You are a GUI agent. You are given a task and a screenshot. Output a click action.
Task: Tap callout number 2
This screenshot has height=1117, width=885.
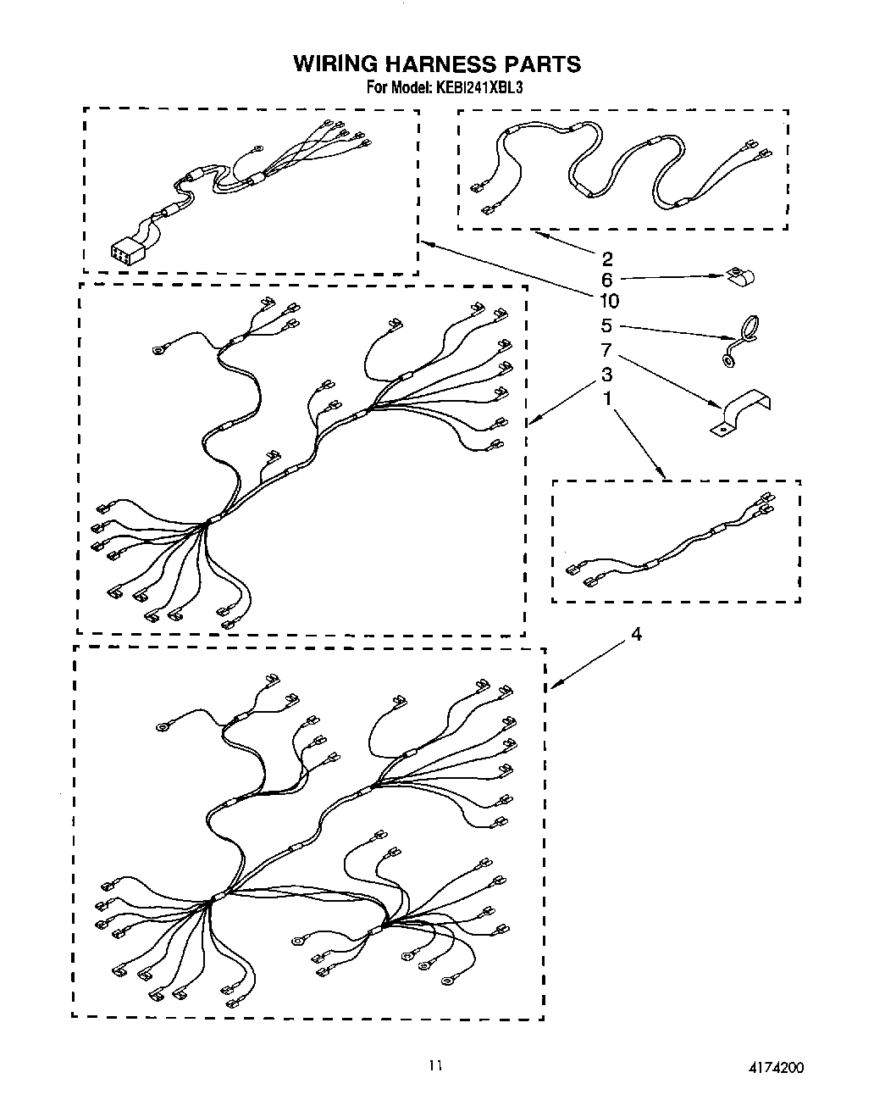[x=606, y=258]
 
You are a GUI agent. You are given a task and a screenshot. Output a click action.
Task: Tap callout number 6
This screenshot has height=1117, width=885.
[x=606, y=279]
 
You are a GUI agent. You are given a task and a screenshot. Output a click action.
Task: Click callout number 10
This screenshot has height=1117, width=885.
[x=608, y=300]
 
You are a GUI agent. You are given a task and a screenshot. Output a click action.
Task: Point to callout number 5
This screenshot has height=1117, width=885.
[x=606, y=325]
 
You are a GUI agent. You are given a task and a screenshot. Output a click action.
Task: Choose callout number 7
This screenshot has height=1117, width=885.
[x=606, y=349]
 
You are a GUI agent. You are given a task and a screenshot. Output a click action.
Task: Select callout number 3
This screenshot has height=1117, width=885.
[x=606, y=374]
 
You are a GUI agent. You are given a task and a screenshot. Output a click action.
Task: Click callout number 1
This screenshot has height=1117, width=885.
[x=606, y=397]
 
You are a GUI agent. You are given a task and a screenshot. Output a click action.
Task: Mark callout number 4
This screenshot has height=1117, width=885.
[x=636, y=633]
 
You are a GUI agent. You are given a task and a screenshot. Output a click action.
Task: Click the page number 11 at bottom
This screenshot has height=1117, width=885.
[x=435, y=1067]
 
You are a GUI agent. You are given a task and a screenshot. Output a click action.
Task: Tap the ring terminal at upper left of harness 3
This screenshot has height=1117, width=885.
[x=158, y=348]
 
